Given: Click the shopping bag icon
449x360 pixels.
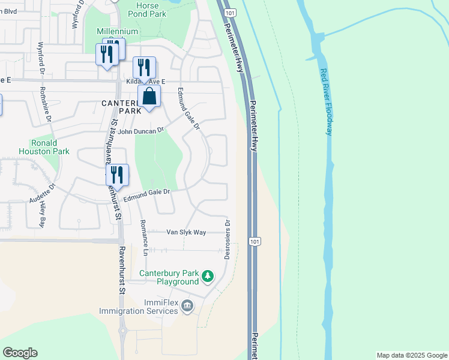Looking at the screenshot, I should (149, 96).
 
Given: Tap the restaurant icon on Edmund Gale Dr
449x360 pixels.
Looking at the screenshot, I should (118, 175).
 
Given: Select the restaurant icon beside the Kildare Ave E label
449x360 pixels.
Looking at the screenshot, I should (144, 67).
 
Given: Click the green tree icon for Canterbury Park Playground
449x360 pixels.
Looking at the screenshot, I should (208, 277).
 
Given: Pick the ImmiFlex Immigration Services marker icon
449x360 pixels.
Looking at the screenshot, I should (187, 307).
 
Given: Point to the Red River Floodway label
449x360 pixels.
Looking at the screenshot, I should (326, 102).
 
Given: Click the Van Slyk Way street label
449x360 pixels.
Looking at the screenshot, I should (186, 232).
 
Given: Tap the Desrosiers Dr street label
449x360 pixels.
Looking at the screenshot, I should (228, 239).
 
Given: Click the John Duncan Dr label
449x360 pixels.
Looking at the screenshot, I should (141, 131).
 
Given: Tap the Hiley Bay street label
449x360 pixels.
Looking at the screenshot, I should (43, 212).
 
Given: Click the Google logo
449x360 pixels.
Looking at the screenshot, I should (20, 353).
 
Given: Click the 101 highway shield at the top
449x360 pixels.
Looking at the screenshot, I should (229, 13).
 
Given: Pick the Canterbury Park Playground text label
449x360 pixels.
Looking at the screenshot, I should (169, 277).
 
